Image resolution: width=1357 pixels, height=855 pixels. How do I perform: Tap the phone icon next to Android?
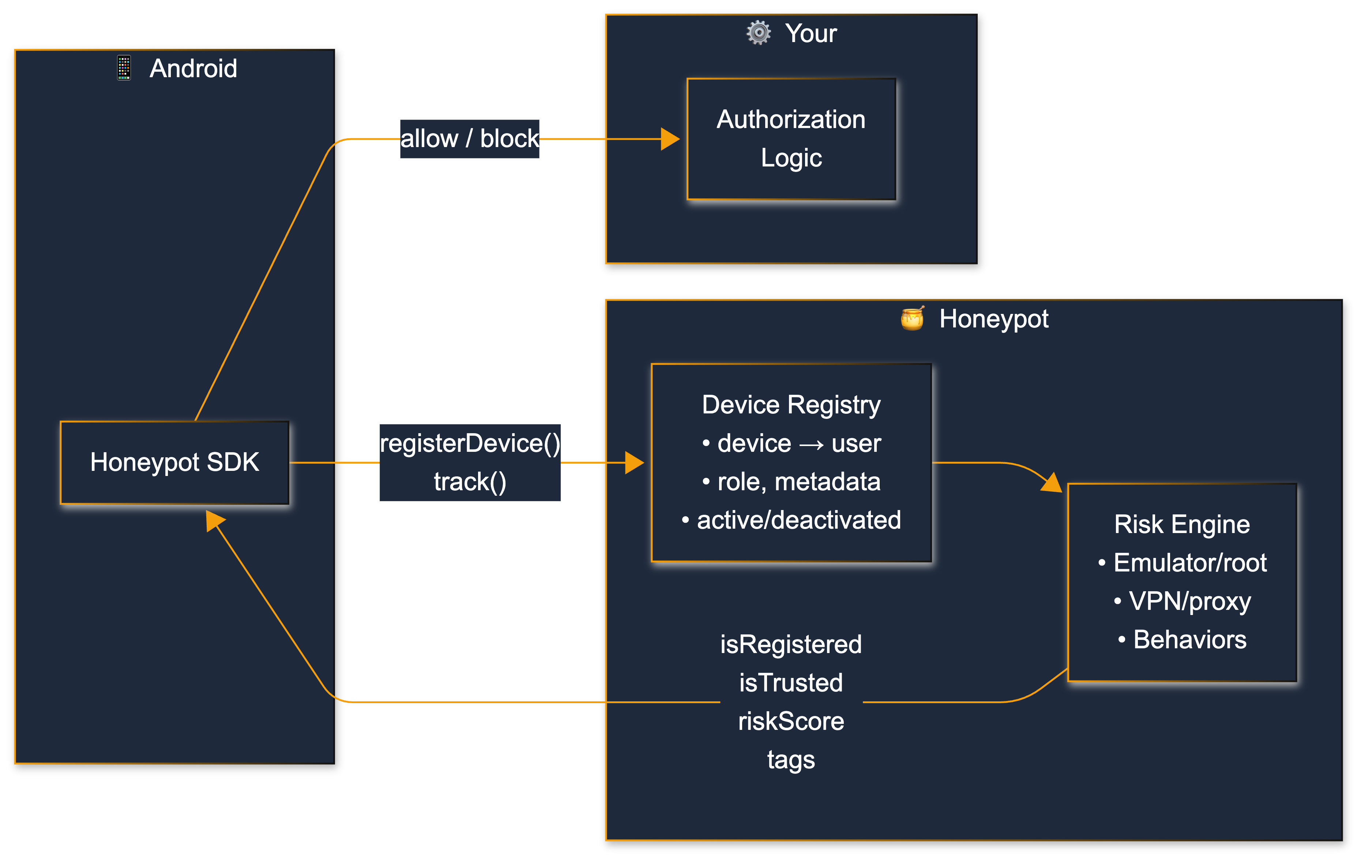pyautogui.click(x=124, y=68)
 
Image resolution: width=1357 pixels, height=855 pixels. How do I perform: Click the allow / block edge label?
pyautogui.click(x=469, y=139)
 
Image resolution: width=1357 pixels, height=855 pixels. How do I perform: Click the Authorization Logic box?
pyautogui.click(x=791, y=139)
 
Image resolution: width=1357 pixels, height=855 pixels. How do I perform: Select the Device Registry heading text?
pyautogui.click(x=791, y=405)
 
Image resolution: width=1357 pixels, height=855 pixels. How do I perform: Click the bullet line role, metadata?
pyautogui.click(x=791, y=482)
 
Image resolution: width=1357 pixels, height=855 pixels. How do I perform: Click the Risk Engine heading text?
pyautogui.click(x=1182, y=524)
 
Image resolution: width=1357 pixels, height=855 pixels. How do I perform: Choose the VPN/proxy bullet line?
pyautogui.click(x=1182, y=601)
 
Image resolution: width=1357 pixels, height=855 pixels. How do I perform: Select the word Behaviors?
pyautogui.click(x=1189, y=640)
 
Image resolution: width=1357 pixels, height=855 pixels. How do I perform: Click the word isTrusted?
pyautogui.click(x=791, y=683)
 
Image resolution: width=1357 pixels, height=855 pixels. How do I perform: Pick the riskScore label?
pyautogui.click(x=791, y=721)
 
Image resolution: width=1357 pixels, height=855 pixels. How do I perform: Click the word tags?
pyautogui.click(x=791, y=760)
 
